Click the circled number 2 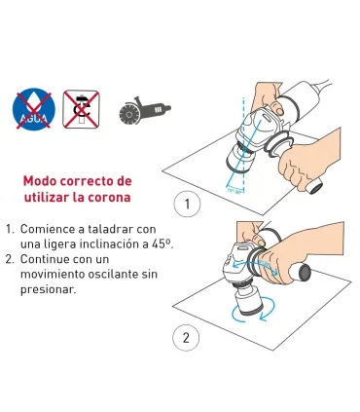pos(185,339)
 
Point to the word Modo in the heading pos(43,181)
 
